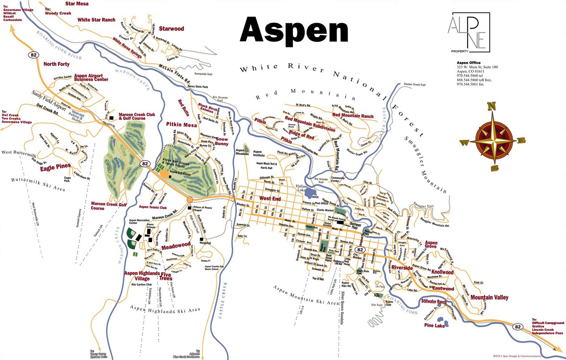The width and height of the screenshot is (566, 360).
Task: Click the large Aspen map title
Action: pos(294,30)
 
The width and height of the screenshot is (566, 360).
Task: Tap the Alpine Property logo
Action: pos(469,32)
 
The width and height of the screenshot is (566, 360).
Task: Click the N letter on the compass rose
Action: pos(492,107)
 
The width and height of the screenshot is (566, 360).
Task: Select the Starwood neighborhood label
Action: pos(171,29)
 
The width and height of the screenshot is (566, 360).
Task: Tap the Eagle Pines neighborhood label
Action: pos(55,166)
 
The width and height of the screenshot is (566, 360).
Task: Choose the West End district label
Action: pos(270,199)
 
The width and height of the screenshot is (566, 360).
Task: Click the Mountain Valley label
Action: pos(489,297)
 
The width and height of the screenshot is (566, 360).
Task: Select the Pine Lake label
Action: pos(435,325)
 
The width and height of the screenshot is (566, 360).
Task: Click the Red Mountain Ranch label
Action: pos(353,116)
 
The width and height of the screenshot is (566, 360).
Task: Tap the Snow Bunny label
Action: pos(221,141)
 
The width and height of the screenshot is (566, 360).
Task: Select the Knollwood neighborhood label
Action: pos(442,272)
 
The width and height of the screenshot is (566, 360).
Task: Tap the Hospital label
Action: pos(205,243)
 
